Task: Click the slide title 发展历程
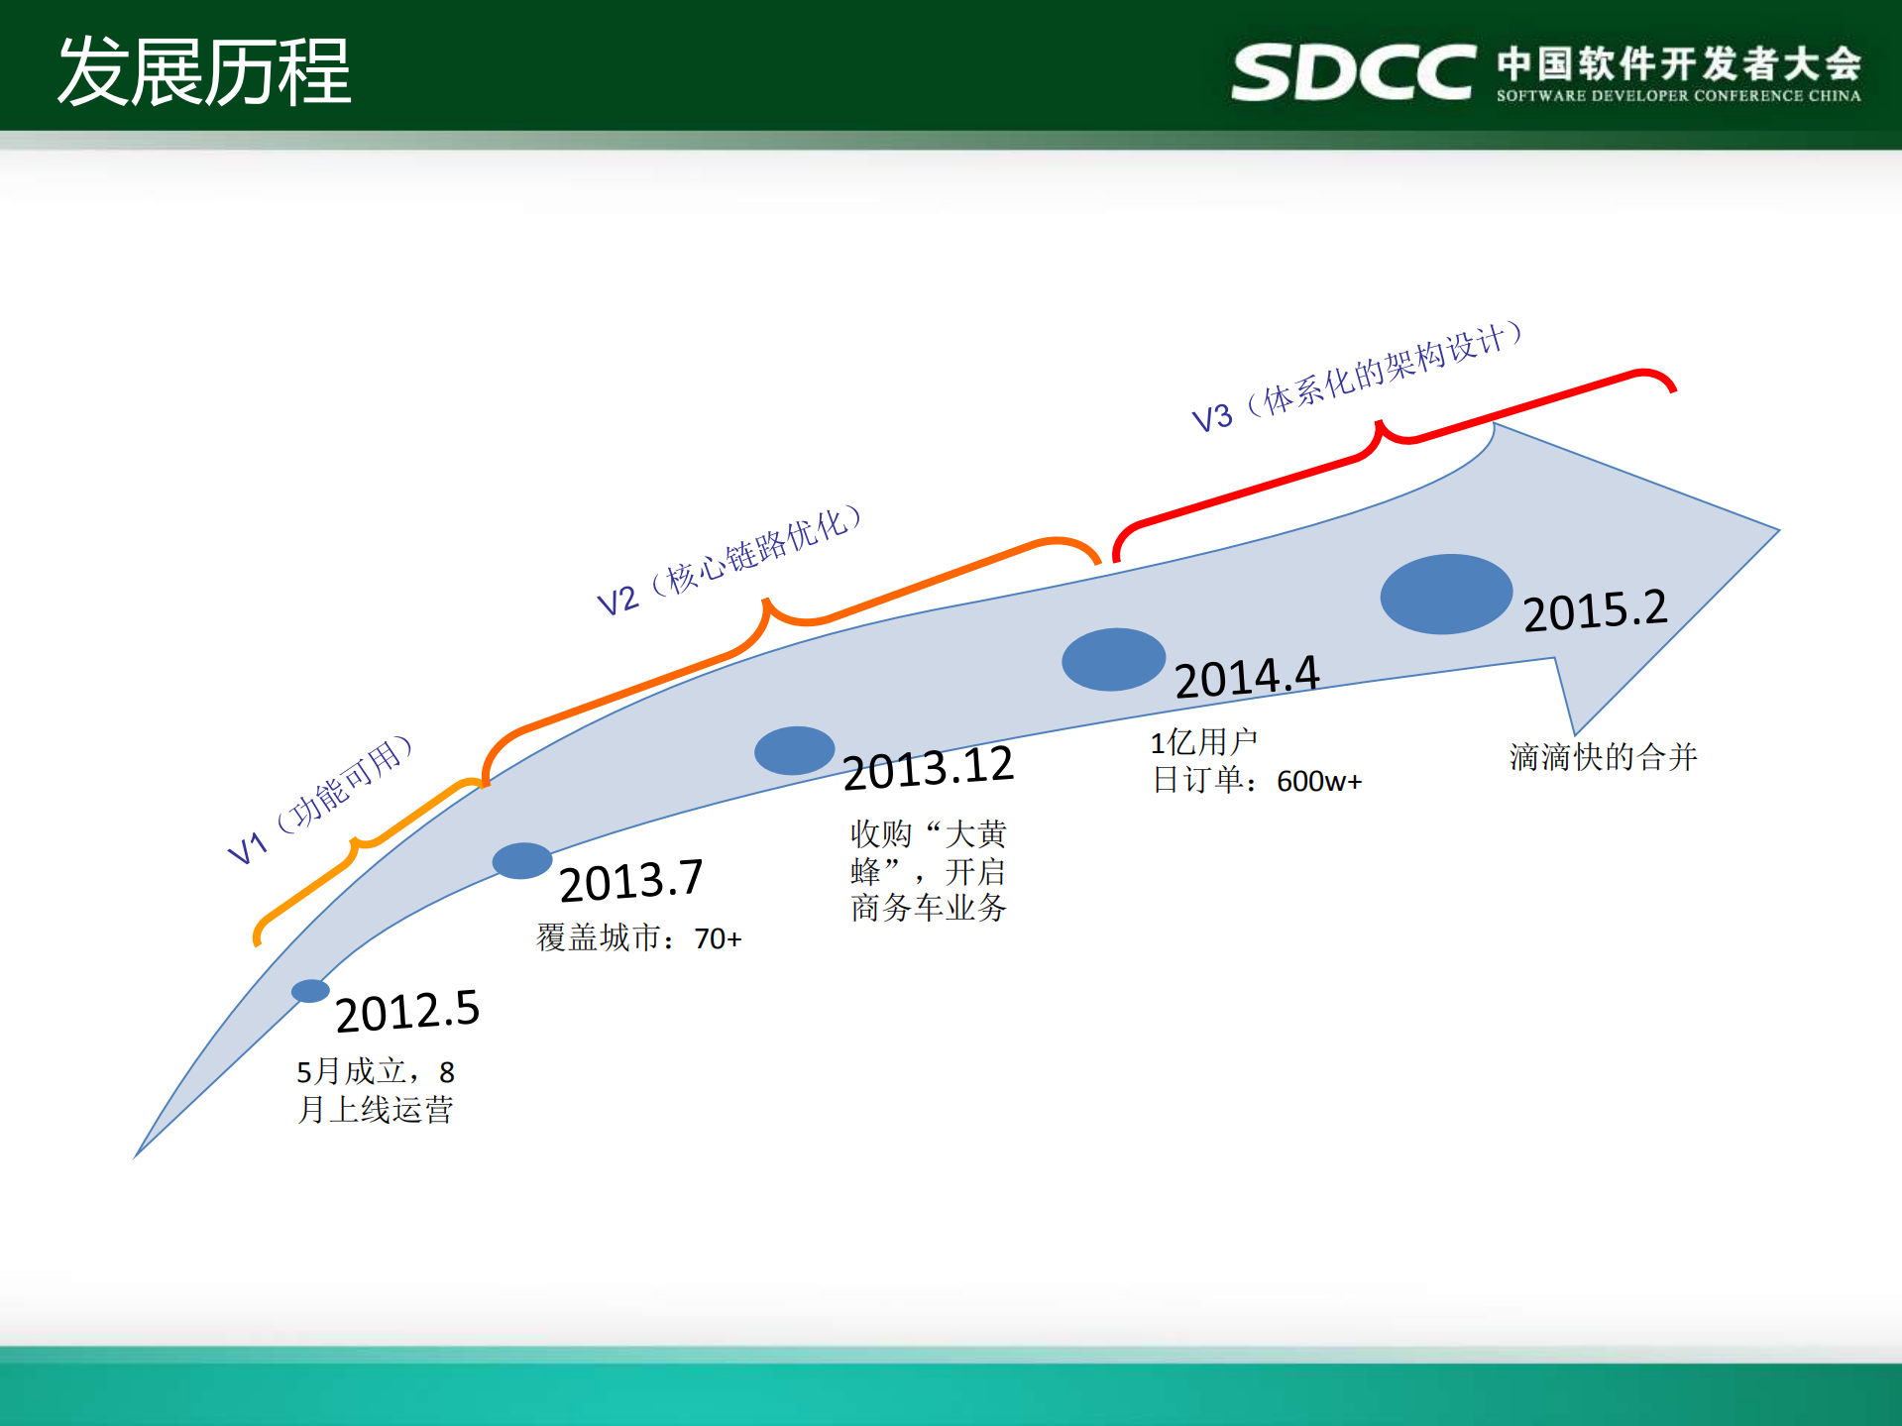pyautogui.click(x=204, y=71)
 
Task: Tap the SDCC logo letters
pyautogui.click(x=1353, y=71)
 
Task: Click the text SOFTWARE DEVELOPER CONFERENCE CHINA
pyautogui.click(x=1678, y=96)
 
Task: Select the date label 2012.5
pyautogui.click(x=407, y=1012)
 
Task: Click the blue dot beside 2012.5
pyautogui.click(x=310, y=991)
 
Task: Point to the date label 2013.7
pyautogui.click(x=631, y=881)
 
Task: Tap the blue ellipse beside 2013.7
pyautogui.click(x=522, y=860)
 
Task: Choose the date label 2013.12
pyautogui.click(x=929, y=768)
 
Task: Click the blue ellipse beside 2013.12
pyautogui.click(x=794, y=750)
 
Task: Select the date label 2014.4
pyautogui.click(x=1247, y=678)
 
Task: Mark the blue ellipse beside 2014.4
pyautogui.click(x=1113, y=659)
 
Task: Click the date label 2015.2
pyautogui.click(x=1595, y=610)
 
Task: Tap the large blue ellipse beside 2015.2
pyautogui.click(x=1446, y=594)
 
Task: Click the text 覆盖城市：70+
pyautogui.click(x=638, y=937)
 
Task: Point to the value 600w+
pyautogui.click(x=1319, y=782)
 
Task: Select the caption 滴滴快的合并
pyautogui.click(x=1603, y=757)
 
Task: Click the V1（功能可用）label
pyautogui.click(x=319, y=800)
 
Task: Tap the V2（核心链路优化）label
pyautogui.click(x=728, y=561)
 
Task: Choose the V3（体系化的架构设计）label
pyautogui.click(x=1357, y=378)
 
